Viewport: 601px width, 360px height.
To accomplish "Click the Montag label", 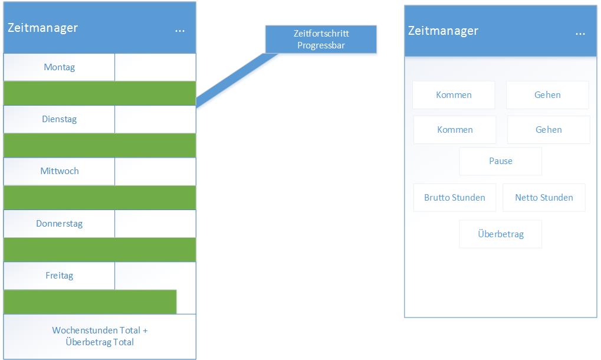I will [x=60, y=67].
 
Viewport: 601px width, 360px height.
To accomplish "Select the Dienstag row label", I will [x=60, y=119].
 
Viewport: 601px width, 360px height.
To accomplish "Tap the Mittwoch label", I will [x=60, y=171].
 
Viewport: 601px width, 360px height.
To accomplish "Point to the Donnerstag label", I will [x=60, y=224].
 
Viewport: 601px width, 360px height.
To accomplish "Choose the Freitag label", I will [x=60, y=276].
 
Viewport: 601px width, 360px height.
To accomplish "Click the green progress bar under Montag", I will [x=100, y=93].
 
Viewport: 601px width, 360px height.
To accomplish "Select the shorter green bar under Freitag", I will [x=90, y=302].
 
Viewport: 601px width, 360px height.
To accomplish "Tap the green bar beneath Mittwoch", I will [x=100, y=198].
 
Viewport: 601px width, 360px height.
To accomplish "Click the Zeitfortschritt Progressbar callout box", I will [x=321, y=40].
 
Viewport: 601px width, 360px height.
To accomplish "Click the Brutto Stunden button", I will [x=455, y=198].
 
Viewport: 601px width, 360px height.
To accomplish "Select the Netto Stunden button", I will [x=544, y=198].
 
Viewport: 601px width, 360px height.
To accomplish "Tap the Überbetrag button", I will [x=501, y=234].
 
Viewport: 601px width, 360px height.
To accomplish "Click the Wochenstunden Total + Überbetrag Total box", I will [x=100, y=336].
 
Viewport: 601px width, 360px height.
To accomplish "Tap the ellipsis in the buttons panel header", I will [x=580, y=34].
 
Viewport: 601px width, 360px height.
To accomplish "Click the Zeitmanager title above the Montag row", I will [x=42, y=28].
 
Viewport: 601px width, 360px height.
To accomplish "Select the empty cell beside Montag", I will [x=155, y=67].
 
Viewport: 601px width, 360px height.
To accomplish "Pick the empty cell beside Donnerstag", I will [x=155, y=224].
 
